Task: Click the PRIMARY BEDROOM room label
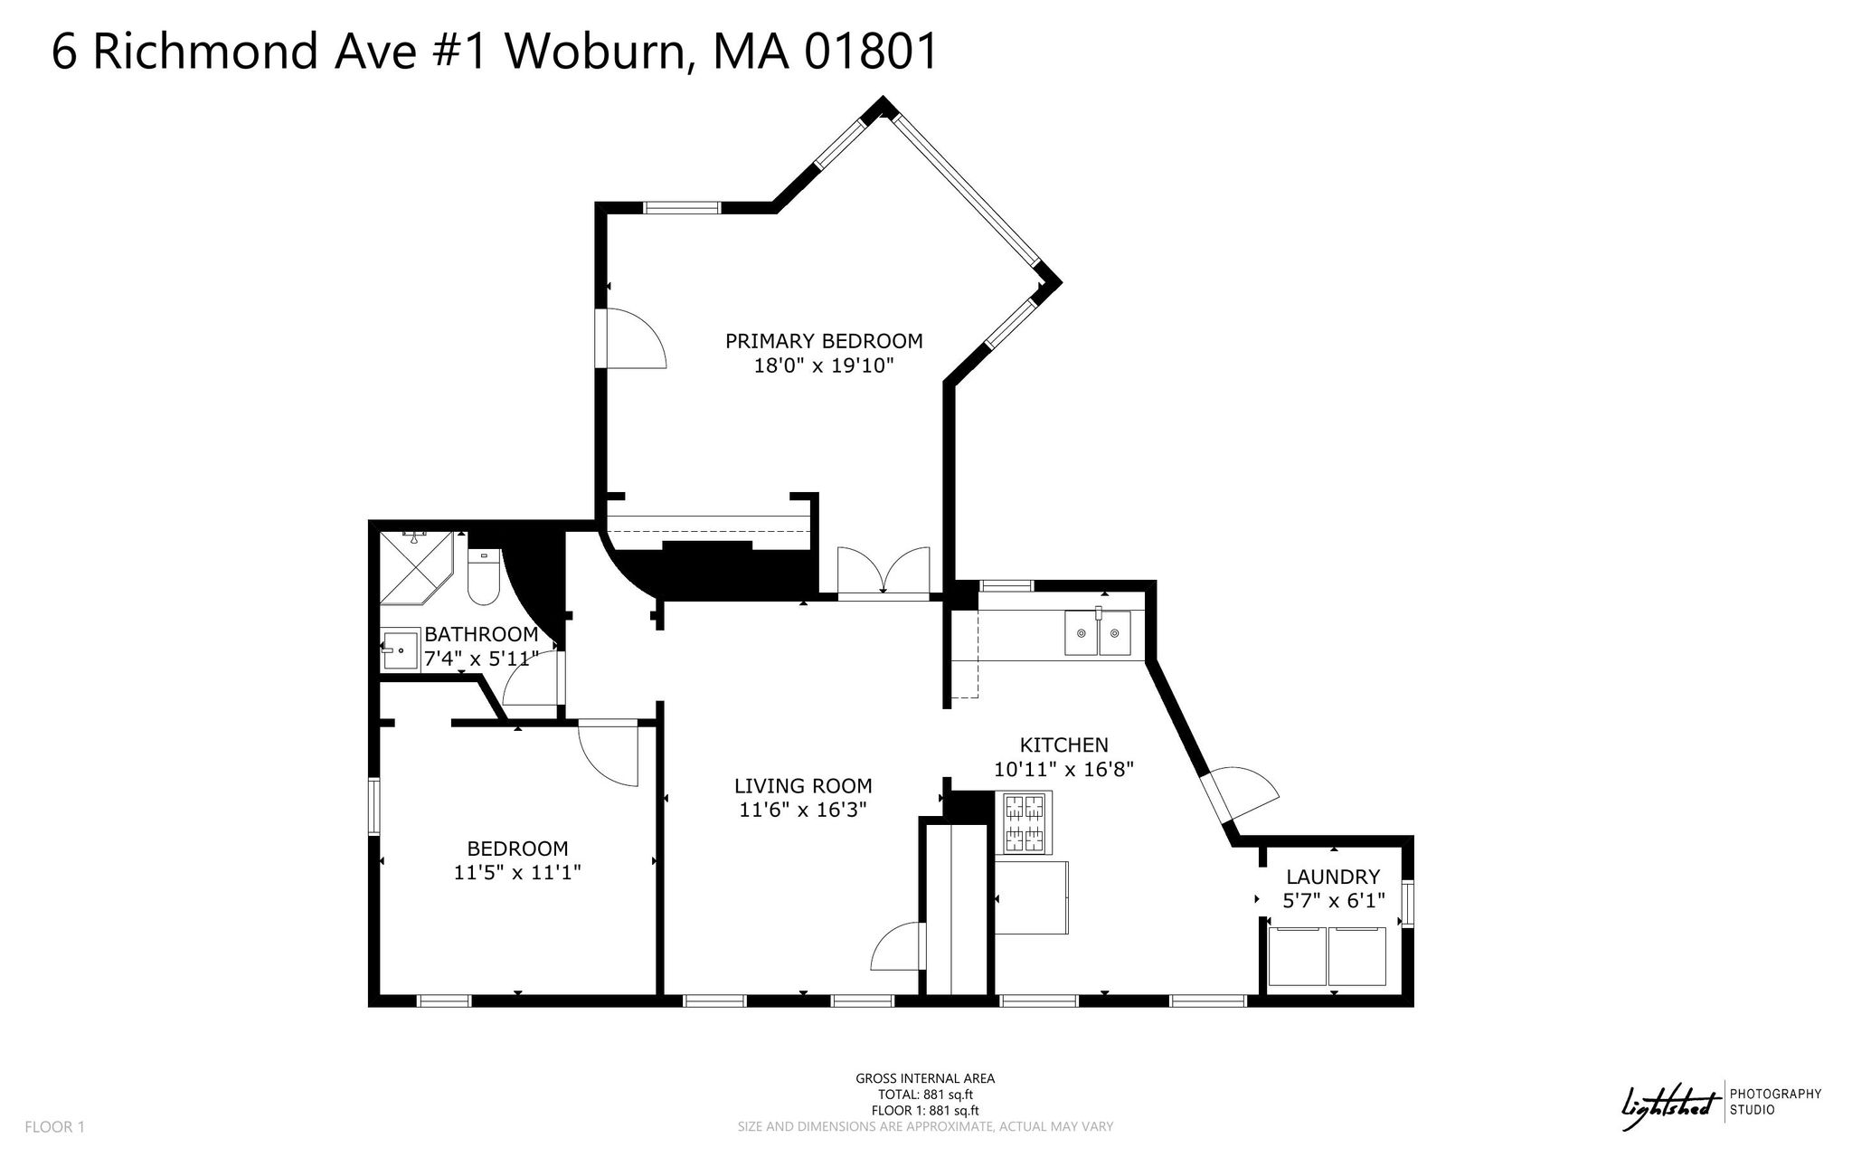coord(824,341)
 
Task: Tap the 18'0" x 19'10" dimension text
coord(824,365)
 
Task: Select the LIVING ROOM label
coord(803,786)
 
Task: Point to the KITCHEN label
coord(1063,745)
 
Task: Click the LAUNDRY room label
coord(1333,877)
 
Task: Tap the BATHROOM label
coord(481,634)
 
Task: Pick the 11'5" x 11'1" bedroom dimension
coord(517,873)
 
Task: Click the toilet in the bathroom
coord(483,576)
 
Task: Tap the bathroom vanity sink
coord(401,650)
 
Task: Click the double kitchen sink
coord(1097,631)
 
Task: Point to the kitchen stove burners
coord(1025,822)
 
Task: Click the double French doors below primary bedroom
coord(883,571)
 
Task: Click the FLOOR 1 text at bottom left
coord(54,1127)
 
